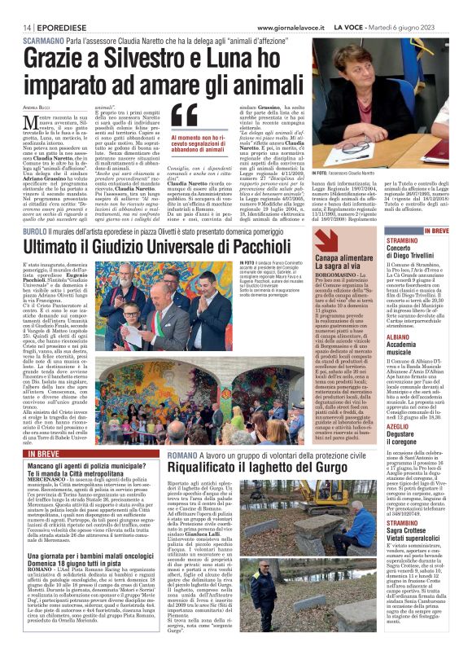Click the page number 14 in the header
pos(15,7)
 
